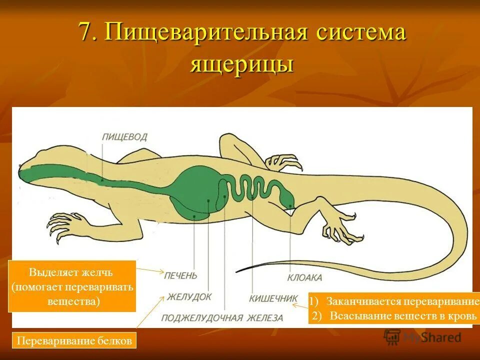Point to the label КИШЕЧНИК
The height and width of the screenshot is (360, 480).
click(273, 298)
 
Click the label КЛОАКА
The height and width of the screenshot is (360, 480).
click(304, 277)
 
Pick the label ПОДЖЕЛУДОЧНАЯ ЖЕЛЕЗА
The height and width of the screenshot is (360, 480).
click(222, 318)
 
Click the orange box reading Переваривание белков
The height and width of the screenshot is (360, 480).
click(74, 341)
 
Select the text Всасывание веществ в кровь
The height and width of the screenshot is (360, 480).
click(398, 316)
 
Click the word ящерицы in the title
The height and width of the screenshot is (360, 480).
click(241, 65)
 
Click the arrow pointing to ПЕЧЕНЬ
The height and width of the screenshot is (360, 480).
click(150, 270)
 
